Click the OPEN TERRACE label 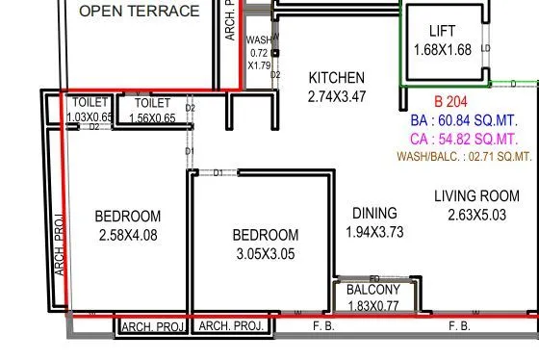tap(140, 13)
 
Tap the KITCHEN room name tap(336, 78)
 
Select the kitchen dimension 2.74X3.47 tap(336, 96)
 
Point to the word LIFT tap(442, 31)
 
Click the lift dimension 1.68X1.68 tap(442, 49)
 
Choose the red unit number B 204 tap(450, 102)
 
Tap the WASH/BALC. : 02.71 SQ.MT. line tap(464, 156)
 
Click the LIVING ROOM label tap(470, 196)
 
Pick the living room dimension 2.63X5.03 tap(470, 215)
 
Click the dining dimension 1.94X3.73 tap(374, 232)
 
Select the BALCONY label tap(373, 290)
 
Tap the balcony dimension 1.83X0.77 tap(373, 306)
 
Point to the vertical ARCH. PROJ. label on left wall tap(59, 244)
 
